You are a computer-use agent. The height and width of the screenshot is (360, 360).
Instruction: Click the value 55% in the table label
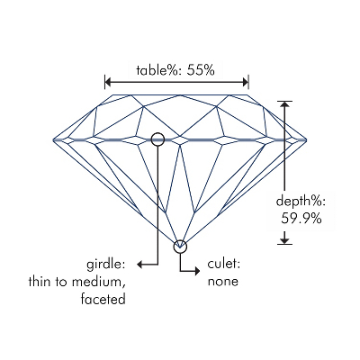(201, 70)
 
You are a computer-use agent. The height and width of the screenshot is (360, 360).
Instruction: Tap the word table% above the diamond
(159, 70)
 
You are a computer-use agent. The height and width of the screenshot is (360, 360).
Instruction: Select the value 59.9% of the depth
(301, 219)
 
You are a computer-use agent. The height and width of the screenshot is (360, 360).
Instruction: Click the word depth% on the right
(301, 202)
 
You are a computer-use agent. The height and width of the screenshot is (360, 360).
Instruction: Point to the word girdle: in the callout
(106, 265)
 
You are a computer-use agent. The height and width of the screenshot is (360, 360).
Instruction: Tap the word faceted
(103, 299)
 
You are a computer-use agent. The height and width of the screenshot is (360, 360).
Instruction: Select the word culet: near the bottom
(224, 264)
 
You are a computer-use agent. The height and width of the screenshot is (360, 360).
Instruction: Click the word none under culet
(223, 282)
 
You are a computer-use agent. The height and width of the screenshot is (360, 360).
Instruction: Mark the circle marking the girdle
(157, 132)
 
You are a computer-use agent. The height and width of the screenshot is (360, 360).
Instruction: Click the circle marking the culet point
(180, 240)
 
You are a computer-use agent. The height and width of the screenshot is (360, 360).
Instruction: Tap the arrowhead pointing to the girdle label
(139, 265)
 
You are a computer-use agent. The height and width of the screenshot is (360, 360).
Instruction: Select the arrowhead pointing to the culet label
(197, 271)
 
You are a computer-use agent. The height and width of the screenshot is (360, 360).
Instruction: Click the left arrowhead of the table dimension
(108, 82)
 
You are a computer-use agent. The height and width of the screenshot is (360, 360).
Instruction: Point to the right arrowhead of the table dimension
(245, 82)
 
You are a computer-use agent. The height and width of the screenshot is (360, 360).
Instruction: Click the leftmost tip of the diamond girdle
(53, 139)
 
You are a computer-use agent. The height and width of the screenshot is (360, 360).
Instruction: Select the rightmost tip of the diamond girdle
(307, 139)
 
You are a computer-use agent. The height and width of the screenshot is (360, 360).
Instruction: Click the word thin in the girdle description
(40, 282)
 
